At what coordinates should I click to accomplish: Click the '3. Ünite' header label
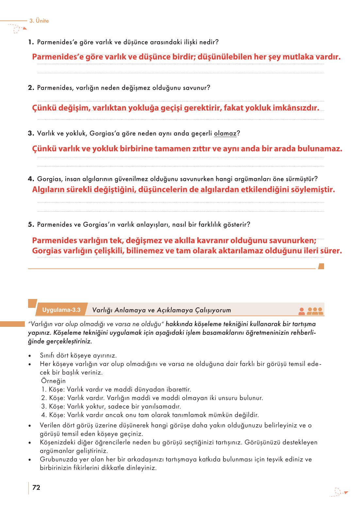tap(39, 21)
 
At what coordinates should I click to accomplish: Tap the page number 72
tap(36, 487)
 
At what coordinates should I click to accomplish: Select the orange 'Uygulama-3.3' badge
tap(61, 310)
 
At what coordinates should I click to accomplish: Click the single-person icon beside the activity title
tap(302, 311)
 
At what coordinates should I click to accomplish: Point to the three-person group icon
tap(315, 311)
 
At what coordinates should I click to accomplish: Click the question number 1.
tap(31, 42)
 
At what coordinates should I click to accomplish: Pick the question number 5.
tap(31, 225)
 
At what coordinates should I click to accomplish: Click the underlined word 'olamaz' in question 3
tap(225, 133)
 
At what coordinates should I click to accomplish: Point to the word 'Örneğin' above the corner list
tap(53, 381)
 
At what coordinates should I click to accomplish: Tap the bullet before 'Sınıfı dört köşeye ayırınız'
tap(30, 356)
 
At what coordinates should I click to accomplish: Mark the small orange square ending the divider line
tap(321, 266)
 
